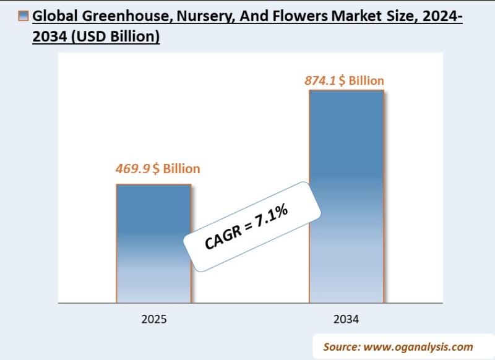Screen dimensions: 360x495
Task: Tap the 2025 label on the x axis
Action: tap(153, 320)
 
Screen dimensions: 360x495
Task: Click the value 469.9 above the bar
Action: tap(132, 169)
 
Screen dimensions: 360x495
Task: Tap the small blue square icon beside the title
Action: tap(24, 17)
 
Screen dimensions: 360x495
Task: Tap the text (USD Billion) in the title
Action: tap(116, 37)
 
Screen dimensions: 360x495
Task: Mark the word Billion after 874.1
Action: tap(366, 81)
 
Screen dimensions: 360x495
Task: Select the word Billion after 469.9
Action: tap(181, 169)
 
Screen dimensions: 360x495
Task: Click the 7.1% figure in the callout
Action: tap(272, 217)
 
